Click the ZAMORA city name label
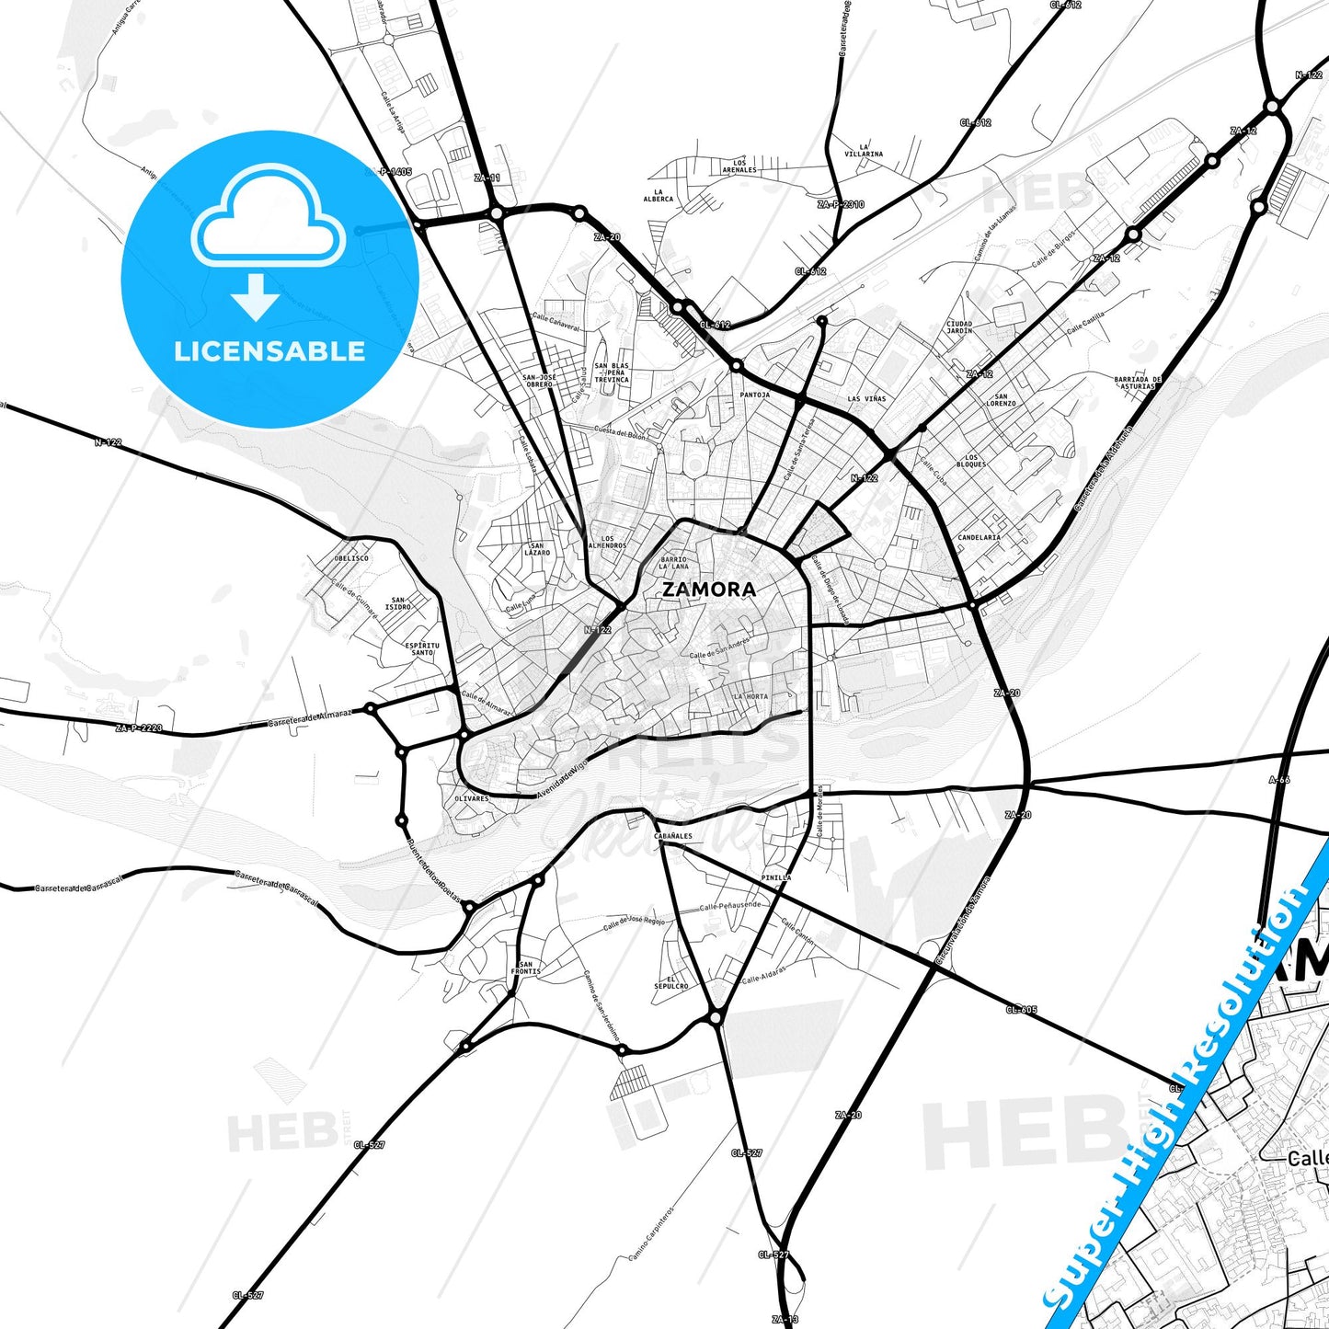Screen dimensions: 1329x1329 709,590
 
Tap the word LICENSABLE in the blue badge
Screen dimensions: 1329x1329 269,350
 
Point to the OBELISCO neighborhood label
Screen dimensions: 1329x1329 351,558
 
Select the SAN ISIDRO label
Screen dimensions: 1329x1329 398,603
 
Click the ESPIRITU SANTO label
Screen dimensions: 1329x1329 422,648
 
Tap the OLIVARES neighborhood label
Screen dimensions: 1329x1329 472,798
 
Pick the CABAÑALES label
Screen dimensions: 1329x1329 673,836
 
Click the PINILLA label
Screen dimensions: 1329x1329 775,877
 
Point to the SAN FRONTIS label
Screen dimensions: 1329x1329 526,968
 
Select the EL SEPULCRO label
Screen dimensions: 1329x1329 671,982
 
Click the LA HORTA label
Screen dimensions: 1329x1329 750,696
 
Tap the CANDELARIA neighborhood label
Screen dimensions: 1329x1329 979,537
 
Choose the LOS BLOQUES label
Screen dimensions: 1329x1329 971,461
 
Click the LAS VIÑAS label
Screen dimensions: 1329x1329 866,399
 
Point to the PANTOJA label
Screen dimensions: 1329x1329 755,395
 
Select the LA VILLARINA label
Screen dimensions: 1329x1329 864,150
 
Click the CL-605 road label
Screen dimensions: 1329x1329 1021,1010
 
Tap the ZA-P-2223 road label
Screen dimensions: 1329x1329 139,728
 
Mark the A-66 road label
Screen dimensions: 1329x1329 1279,780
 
